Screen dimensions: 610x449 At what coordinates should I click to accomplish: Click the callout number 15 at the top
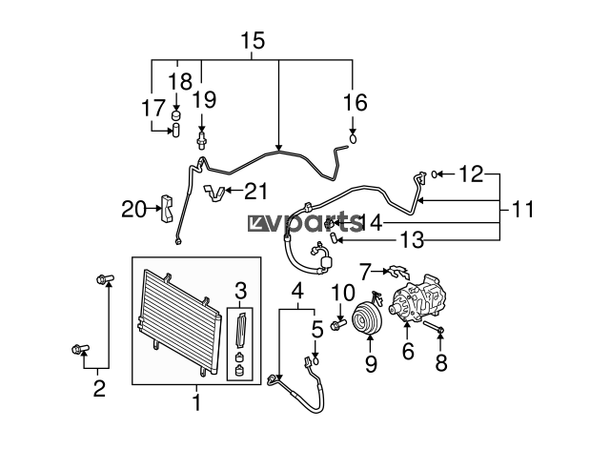pyautogui.click(x=253, y=40)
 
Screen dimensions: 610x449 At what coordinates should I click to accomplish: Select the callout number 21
pyautogui.click(x=256, y=191)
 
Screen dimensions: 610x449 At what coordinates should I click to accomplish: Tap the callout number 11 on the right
pyautogui.click(x=522, y=210)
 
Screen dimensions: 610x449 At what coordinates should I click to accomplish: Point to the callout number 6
pyautogui.click(x=408, y=351)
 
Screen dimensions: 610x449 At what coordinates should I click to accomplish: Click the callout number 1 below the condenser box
pyautogui.click(x=197, y=402)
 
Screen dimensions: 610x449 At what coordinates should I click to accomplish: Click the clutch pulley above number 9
pyautogui.click(x=367, y=317)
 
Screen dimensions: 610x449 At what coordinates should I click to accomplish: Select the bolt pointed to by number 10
pyautogui.click(x=337, y=324)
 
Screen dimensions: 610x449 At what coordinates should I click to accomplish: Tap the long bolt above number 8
pyautogui.click(x=434, y=327)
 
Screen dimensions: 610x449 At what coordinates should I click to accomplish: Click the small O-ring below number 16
pyautogui.click(x=354, y=138)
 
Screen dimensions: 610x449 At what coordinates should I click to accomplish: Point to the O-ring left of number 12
pyautogui.click(x=435, y=173)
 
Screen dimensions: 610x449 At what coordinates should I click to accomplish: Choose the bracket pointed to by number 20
pyautogui.click(x=167, y=209)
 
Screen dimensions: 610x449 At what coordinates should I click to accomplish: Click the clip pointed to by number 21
pyautogui.click(x=214, y=193)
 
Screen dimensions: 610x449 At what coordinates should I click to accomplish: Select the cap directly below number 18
pyautogui.click(x=177, y=114)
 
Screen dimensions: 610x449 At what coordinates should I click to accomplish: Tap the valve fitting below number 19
pyautogui.click(x=201, y=141)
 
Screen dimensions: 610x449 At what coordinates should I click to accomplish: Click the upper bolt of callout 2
pyautogui.click(x=105, y=278)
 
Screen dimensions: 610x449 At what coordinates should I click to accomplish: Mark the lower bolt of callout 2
pyautogui.click(x=80, y=349)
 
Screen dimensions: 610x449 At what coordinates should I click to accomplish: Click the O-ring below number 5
pyautogui.click(x=316, y=360)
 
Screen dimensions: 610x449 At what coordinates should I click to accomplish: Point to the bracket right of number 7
pyautogui.click(x=397, y=272)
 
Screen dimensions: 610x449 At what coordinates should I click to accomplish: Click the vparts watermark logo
pyautogui.click(x=305, y=222)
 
